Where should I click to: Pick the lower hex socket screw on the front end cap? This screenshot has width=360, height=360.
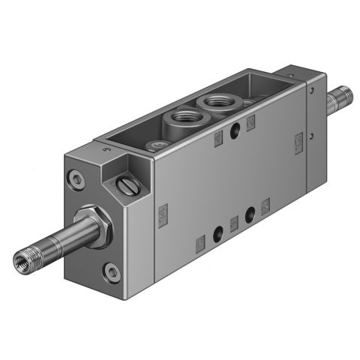coord(112,271)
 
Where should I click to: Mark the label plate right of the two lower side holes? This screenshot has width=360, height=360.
coord(265,204)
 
